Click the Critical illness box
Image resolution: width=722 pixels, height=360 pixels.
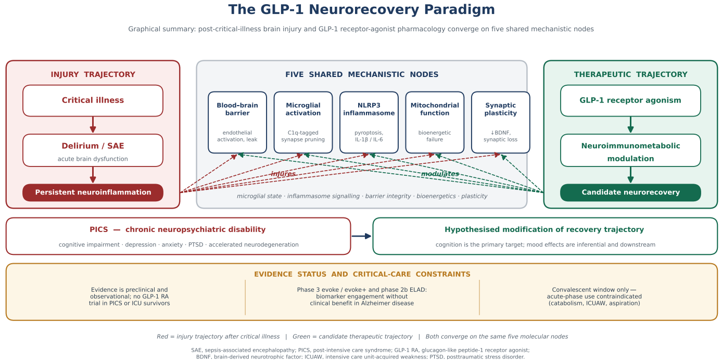click(93, 101)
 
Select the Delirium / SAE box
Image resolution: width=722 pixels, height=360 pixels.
click(93, 150)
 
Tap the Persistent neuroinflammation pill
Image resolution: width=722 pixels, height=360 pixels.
click(93, 192)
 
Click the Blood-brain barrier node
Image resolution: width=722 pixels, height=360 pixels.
click(237, 122)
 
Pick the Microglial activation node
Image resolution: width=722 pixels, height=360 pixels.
click(303, 122)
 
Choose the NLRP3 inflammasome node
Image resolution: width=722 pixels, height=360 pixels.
click(369, 122)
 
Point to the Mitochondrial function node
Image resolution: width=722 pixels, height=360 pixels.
click(435, 122)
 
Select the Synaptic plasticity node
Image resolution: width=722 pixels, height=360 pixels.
click(500, 122)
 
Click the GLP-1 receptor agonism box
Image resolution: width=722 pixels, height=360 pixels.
click(630, 101)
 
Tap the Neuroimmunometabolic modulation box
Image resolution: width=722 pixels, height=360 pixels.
click(630, 150)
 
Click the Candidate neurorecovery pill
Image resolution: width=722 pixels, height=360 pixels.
click(630, 192)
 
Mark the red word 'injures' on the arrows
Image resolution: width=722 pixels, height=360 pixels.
click(283, 174)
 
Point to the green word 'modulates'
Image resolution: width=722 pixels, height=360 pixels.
click(440, 174)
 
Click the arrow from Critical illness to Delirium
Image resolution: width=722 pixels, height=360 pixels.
click(93, 125)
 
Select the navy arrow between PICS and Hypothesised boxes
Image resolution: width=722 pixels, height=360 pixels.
click(361, 236)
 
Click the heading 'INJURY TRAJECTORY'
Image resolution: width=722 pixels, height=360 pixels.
click(93, 74)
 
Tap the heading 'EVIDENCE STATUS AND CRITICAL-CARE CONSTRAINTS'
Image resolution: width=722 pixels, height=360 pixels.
click(362, 274)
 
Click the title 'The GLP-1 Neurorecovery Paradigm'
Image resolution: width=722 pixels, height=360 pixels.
click(361, 10)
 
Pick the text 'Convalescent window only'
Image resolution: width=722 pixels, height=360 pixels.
click(590, 290)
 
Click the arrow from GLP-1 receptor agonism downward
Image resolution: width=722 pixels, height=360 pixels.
click(630, 125)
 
